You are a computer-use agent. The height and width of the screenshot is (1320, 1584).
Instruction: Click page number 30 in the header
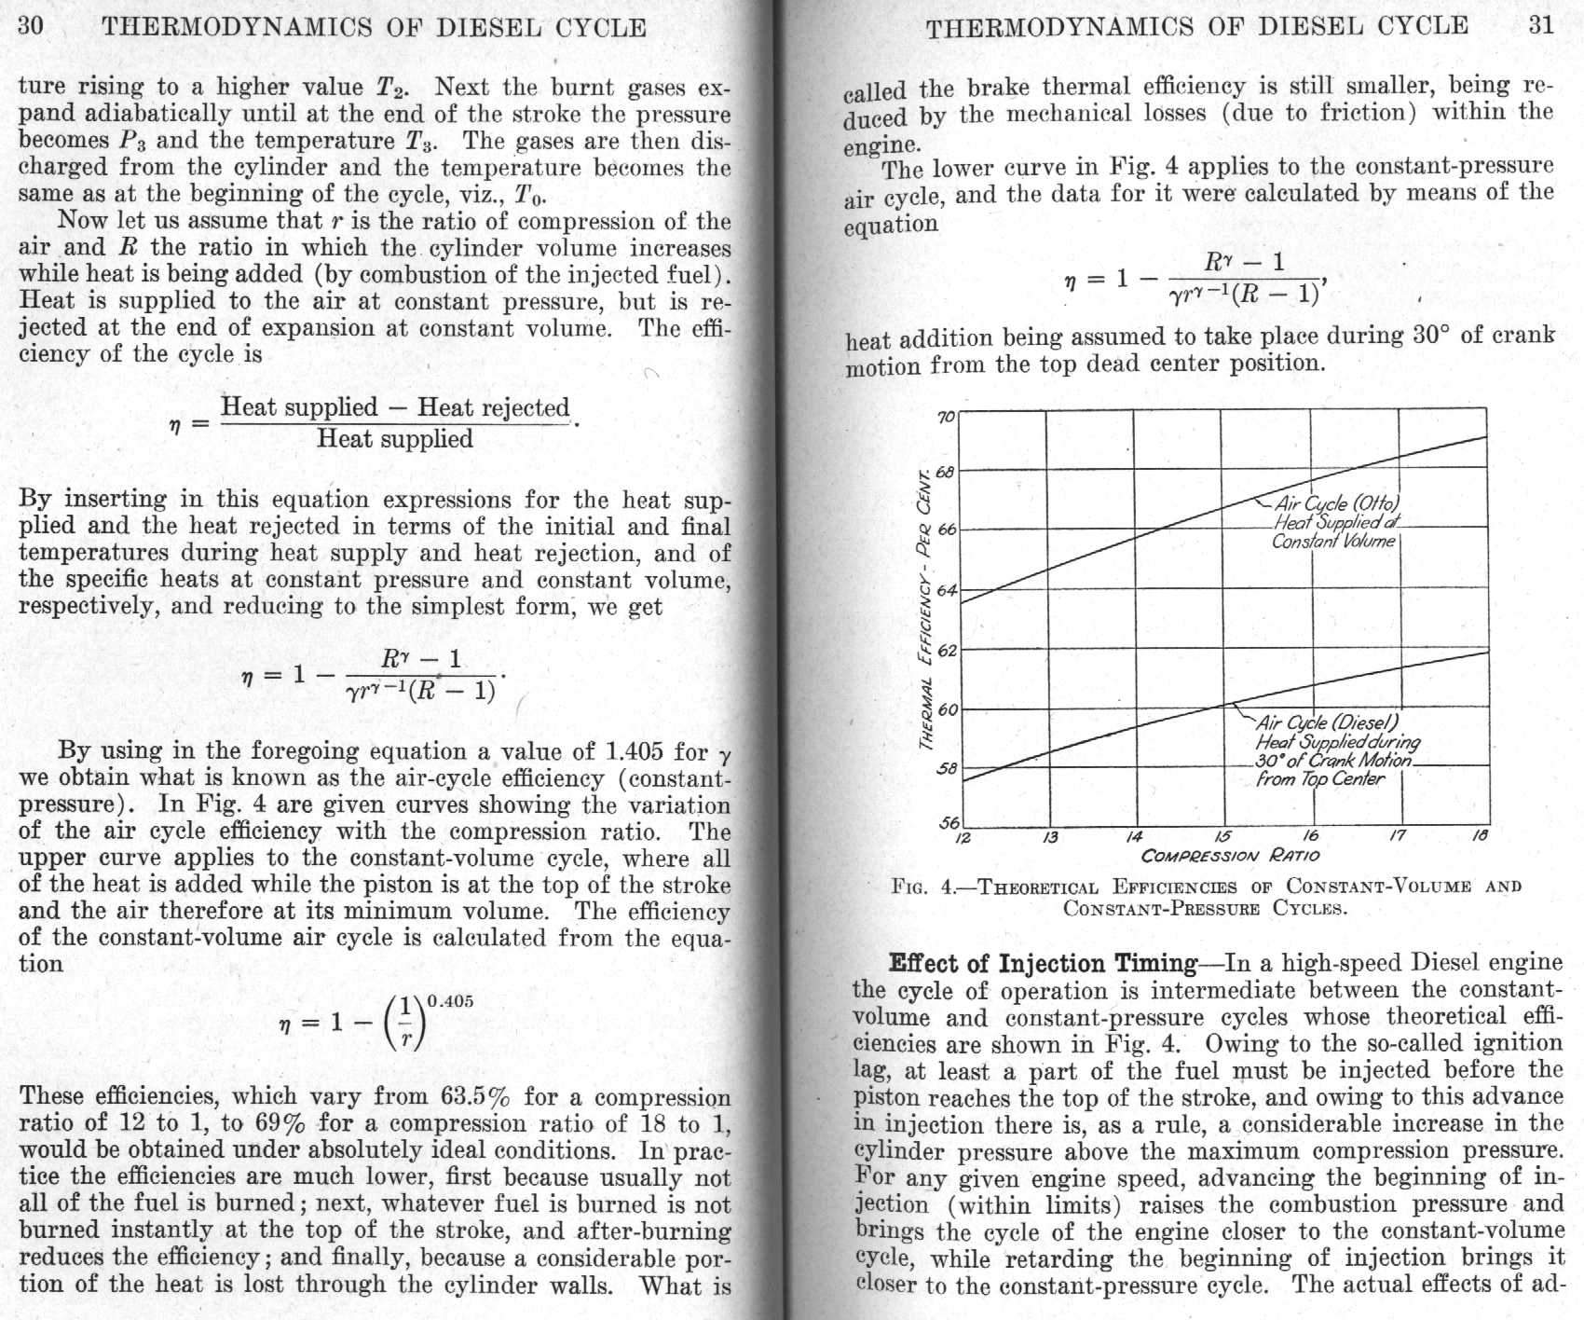tap(31, 25)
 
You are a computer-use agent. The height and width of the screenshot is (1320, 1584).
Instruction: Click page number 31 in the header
tap(1542, 24)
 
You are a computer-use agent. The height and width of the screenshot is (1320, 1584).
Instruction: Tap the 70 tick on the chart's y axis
tap(946, 416)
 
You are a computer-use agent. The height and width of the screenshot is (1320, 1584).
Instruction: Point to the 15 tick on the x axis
tap(1223, 836)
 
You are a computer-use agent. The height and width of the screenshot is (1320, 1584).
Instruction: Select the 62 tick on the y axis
tap(946, 650)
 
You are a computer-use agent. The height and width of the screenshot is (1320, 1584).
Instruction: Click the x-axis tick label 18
tap(1480, 836)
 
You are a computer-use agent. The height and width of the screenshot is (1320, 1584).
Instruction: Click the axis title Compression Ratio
tap(1230, 856)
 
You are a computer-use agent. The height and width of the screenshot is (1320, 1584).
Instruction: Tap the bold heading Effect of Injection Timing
tap(1043, 963)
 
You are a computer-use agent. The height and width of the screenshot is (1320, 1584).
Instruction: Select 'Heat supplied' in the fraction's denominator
tap(395, 439)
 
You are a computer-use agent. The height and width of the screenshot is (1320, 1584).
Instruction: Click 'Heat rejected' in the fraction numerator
tap(493, 407)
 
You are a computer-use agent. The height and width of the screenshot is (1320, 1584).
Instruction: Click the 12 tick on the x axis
tap(964, 836)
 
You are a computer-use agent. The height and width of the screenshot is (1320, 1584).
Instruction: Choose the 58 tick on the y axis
tap(946, 769)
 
